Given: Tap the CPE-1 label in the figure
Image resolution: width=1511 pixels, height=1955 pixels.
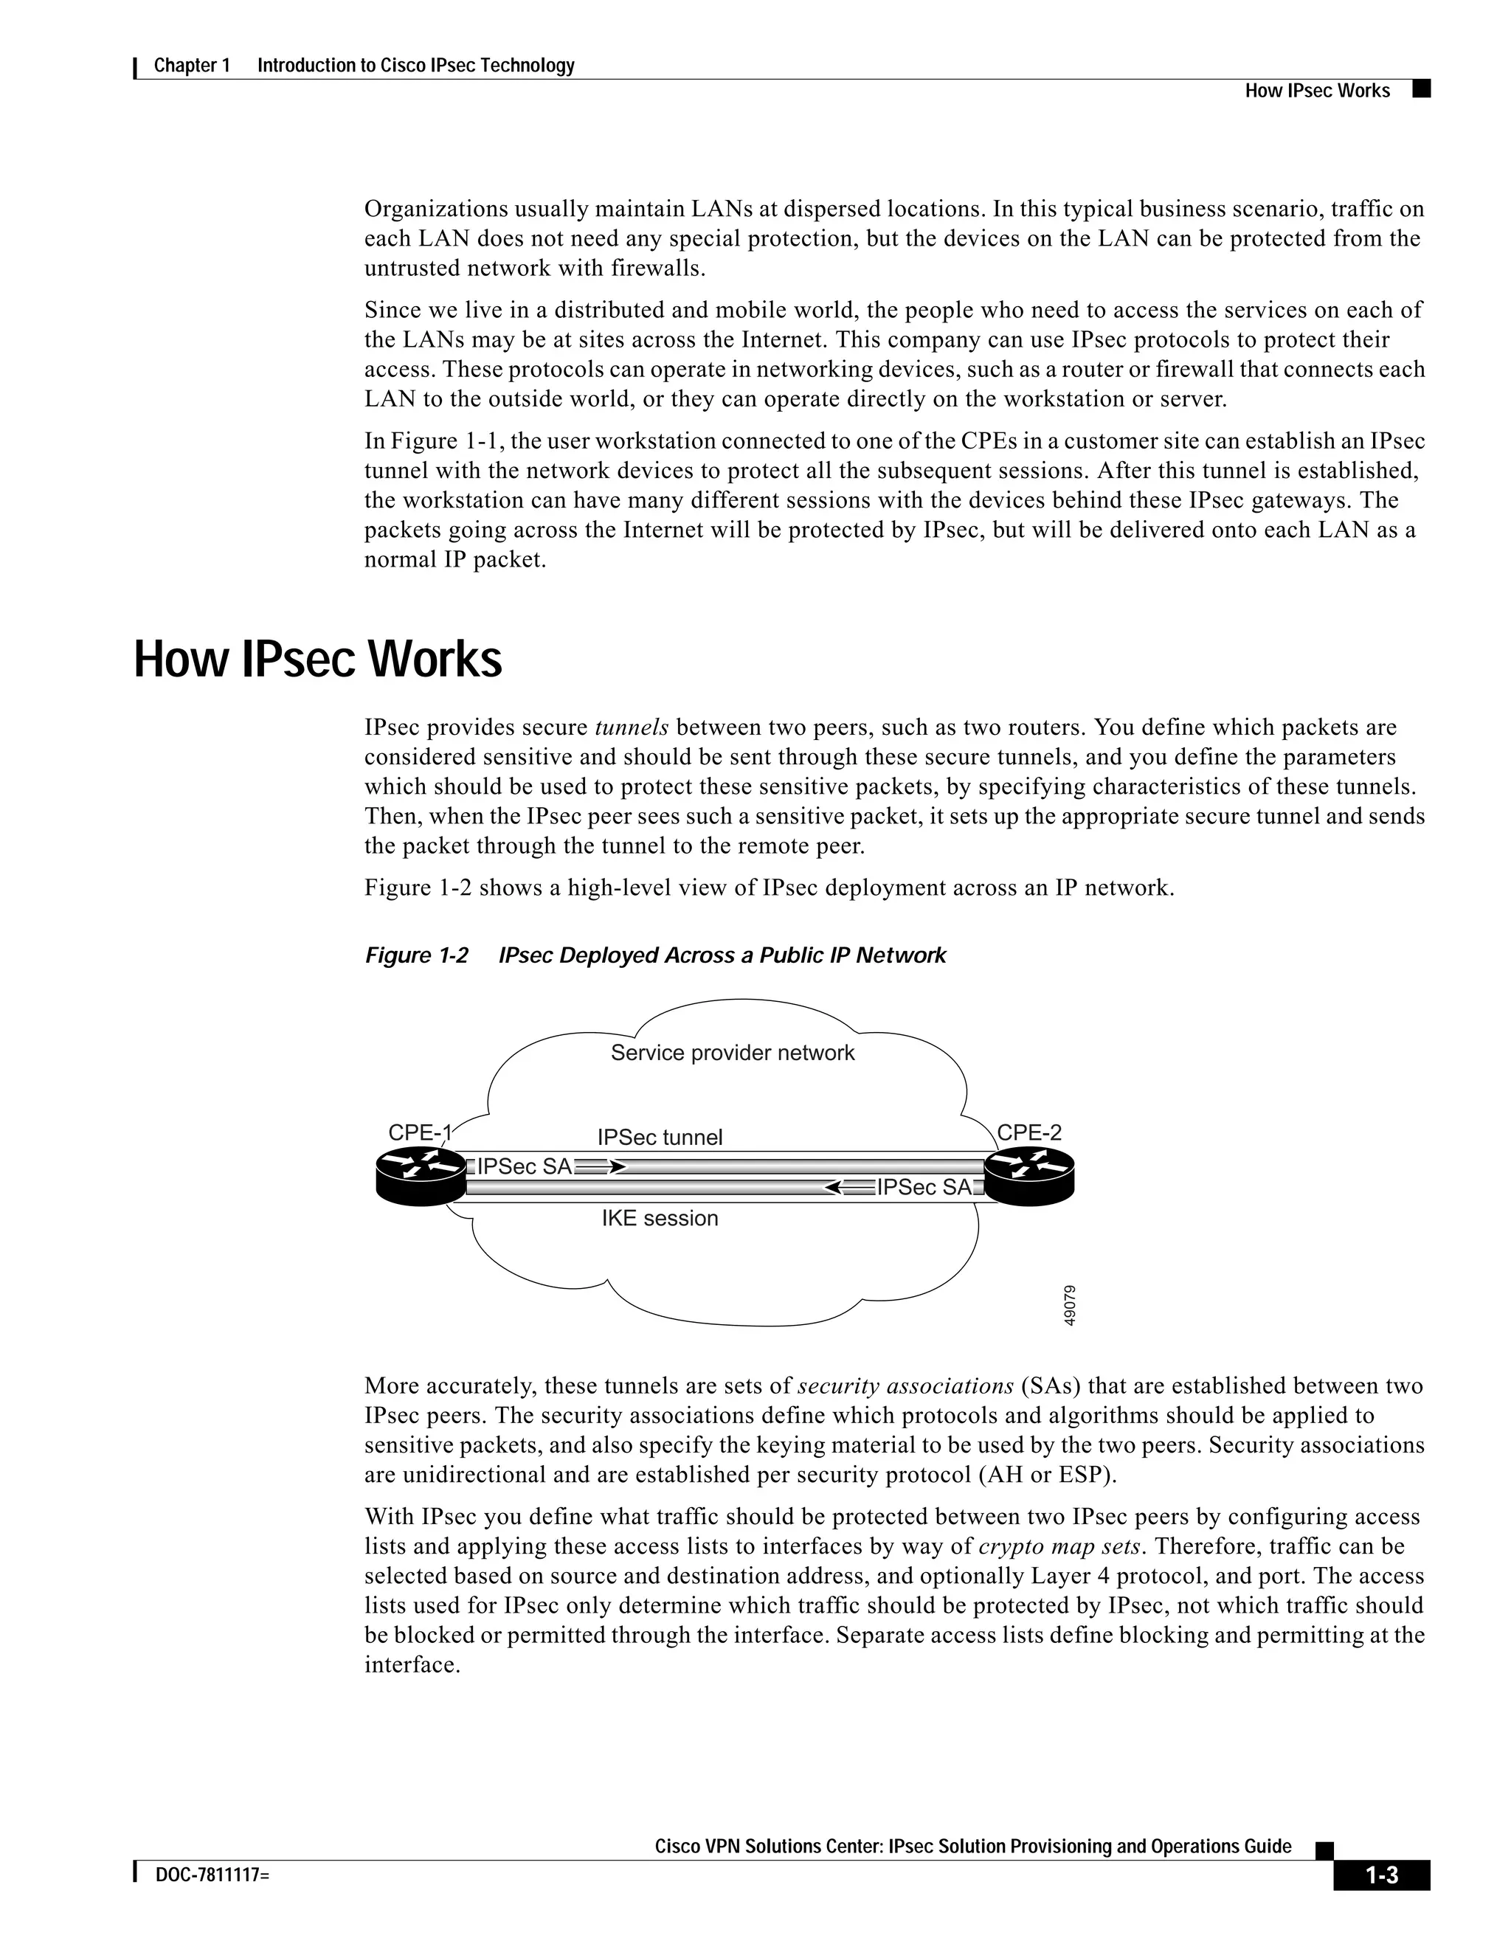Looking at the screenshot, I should pyautogui.click(x=419, y=1132).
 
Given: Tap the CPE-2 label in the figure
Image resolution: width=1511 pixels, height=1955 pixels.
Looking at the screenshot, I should pyautogui.click(x=1029, y=1132).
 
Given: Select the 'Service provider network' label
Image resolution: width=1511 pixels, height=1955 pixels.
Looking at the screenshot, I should pyautogui.click(x=732, y=1053).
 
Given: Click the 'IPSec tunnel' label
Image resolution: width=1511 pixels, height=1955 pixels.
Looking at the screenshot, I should pyautogui.click(x=660, y=1138).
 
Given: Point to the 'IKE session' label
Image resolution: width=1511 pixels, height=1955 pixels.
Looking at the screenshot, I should pyautogui.click(x=660, y=1218).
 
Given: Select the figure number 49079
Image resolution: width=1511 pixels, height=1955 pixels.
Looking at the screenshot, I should pyautogui.click(x=1071, y=1305).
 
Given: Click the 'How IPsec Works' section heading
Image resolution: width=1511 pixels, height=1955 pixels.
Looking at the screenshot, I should pyautogui.click(x=318, y=660).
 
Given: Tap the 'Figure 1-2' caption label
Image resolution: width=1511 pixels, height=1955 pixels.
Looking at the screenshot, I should pyautogui.click(x=416, y=956).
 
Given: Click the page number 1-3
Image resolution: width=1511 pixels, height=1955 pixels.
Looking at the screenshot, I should pyautogui.click(x=1381, y=1875).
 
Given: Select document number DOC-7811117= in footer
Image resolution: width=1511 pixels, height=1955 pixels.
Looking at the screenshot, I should pyautogui.click(x=212, y=1875).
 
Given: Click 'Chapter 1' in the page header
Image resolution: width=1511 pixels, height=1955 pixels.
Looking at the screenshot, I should pyautogui.click(x=192, y=66).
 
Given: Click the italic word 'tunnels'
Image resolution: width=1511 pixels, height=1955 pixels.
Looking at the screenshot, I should pyautogui.click(x=631, y=727).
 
